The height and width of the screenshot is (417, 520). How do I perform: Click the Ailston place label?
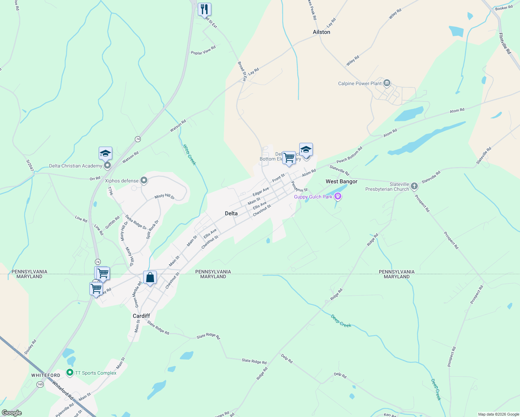[321, 32]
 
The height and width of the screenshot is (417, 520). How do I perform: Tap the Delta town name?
[231, 213]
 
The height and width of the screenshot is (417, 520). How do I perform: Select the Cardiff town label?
[141, 316]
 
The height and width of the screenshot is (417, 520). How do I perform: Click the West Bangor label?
[341, 181]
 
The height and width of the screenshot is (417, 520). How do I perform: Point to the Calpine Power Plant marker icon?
[387, 83]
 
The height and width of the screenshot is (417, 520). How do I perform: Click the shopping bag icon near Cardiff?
[150, 278]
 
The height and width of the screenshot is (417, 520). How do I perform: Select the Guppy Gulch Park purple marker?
[338, 197]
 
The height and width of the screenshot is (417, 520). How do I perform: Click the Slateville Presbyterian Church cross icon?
[414, 186]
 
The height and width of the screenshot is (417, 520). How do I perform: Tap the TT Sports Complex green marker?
[70, 373]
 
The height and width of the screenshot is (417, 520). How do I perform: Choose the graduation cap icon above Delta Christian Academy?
[105, 153]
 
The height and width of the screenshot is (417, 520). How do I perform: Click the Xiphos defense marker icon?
[144, 180]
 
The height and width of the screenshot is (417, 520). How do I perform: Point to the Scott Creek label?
[190, 155]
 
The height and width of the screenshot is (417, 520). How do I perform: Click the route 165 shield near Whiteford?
[40, 384]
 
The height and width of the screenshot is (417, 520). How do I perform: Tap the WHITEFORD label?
[46, 375]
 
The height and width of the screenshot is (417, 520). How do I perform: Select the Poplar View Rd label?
[203, 50]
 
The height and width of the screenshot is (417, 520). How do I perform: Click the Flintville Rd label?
[505, 43]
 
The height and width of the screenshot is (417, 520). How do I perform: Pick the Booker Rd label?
[504, 8]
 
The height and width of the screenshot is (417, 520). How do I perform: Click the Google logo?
[12, 412]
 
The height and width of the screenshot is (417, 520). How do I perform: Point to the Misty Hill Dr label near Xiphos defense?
[164, 196]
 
